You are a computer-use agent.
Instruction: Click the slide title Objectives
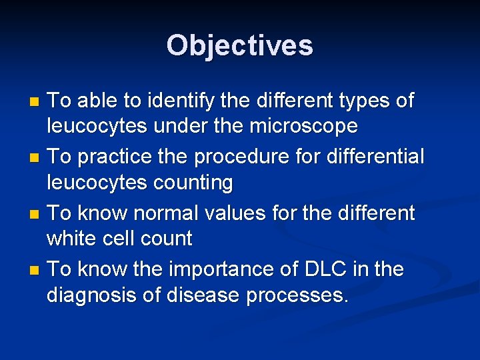tap(240, 45)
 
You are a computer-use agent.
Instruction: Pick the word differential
tap(374, 157)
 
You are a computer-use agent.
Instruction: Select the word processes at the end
tap(297, 293)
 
